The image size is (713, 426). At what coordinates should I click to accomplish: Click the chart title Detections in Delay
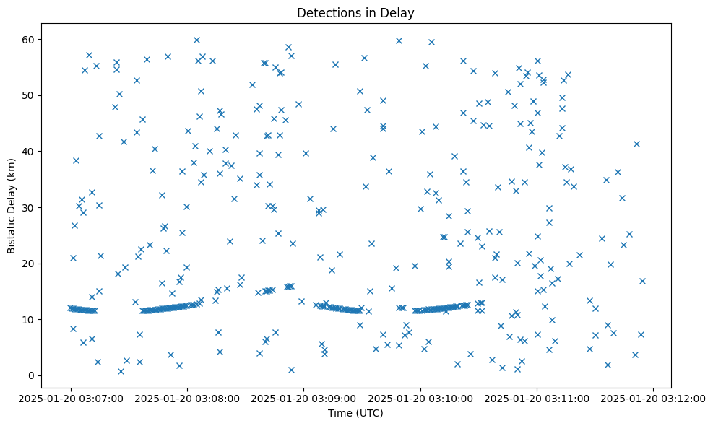(356, 12)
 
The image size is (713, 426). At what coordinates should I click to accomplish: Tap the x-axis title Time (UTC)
(356, 414)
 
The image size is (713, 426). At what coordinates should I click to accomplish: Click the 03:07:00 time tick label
(71, 397)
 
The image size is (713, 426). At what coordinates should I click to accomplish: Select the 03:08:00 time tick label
(187, 397)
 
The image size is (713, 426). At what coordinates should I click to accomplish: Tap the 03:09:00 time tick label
(304, 397)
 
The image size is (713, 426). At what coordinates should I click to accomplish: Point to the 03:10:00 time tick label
(420, 397)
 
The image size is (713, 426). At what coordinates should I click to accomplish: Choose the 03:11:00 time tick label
(537, 397)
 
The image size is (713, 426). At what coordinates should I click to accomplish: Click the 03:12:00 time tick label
(654, 397)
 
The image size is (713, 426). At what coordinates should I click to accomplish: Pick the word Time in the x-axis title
(341, 414)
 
